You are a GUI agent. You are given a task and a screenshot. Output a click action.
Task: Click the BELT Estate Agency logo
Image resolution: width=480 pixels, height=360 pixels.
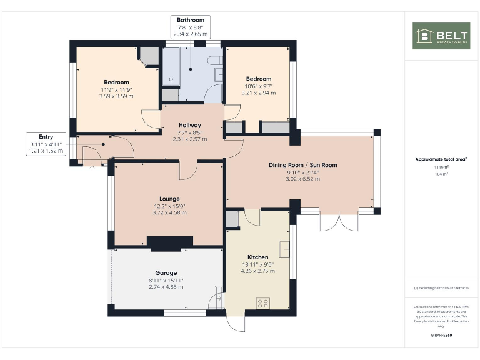[441, 36]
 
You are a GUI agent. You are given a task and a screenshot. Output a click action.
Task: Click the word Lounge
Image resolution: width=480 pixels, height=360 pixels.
[169, 198]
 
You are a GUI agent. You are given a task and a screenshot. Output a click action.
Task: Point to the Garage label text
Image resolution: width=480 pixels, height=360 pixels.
[166, 272]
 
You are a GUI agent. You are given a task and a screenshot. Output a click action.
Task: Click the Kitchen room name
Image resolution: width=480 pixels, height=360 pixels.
[257, 257]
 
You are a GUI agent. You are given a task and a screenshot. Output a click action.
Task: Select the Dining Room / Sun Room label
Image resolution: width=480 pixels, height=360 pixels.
[302, 165]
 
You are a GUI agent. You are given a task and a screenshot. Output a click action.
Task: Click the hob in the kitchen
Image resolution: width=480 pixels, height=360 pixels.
[263, 304]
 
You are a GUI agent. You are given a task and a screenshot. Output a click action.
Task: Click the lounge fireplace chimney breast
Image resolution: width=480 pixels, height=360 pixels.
[169, 243]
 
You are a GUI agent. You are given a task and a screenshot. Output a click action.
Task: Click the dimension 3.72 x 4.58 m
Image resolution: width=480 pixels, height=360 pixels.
[169, 212]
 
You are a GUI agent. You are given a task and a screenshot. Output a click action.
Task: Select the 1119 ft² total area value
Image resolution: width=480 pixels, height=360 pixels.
[441, 167]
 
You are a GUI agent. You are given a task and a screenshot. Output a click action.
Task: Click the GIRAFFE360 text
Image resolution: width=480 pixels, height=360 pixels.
[441, 336]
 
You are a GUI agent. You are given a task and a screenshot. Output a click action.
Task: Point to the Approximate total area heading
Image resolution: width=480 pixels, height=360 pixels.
[441, 159]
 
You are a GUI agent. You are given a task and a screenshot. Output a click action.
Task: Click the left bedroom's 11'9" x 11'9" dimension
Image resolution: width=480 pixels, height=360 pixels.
[116, 89]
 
